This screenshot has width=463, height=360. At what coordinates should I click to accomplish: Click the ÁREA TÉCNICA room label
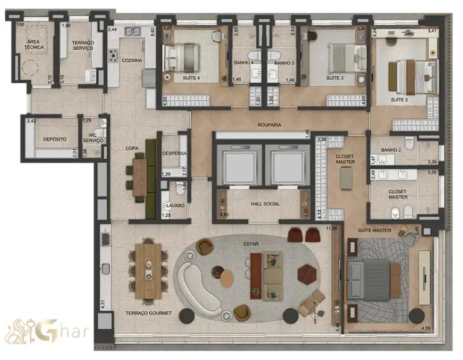tap(34, 46)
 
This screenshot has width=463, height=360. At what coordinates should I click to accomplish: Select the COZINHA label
tap(131, 60)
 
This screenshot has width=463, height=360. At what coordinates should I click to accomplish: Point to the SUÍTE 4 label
tap(191, 78)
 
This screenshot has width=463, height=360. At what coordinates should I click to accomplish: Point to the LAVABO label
tap(175, 206)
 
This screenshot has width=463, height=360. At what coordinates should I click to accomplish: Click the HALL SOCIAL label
tap(265, 204)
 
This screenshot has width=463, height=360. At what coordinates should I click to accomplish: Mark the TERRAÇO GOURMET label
tap(149, 313)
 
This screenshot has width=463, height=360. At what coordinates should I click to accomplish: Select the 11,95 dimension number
tap(331, 229)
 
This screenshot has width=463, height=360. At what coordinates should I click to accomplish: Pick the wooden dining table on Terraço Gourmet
tap(148, 270)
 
